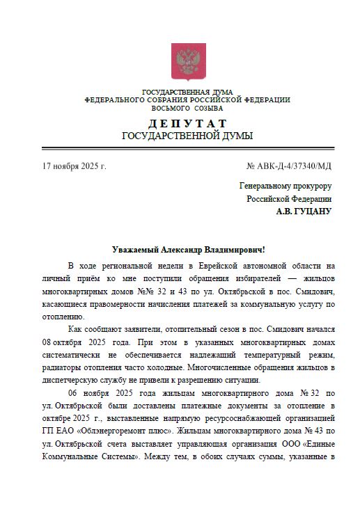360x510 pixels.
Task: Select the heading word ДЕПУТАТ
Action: point(187,123)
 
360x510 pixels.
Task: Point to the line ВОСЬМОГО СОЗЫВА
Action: point(187,109)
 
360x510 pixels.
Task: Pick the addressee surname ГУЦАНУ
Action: point(313,211)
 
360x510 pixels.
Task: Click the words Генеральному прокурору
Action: point(285,186)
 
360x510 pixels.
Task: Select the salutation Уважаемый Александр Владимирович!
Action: point(189,249)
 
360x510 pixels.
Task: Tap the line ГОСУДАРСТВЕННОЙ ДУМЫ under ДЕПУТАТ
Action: point(187,136)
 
